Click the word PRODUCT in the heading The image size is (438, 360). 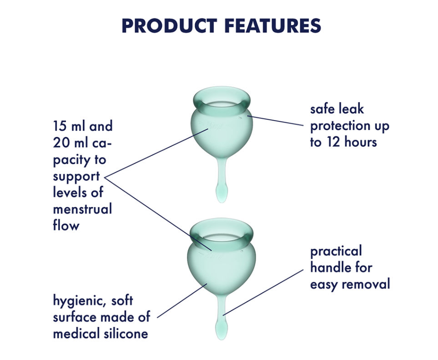pos(169,26)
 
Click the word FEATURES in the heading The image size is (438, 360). pos(272,26)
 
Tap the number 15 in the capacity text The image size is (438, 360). pos(59,126)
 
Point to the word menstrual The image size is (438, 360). pos(82,209)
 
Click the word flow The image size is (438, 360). pos(66,225)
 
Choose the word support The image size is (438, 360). pos(76,177)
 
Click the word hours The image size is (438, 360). pos(361,142)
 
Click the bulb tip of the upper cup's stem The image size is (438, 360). pos(222,194)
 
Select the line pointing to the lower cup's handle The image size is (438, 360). pos(263,292)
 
